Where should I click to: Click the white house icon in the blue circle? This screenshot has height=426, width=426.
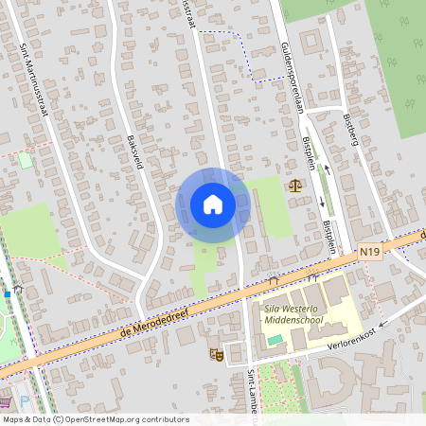pyautogui.click(x=213, y=204)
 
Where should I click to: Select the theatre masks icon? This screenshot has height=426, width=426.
pyautogui.click(x=216, y=354)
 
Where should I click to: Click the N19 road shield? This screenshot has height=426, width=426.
pyautogui.click(x=369, y=253)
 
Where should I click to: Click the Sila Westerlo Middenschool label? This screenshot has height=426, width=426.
pyautogui.click(x=293, y=313)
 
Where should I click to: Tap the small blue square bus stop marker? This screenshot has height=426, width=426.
pyautogui.click(x=8, y=293)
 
